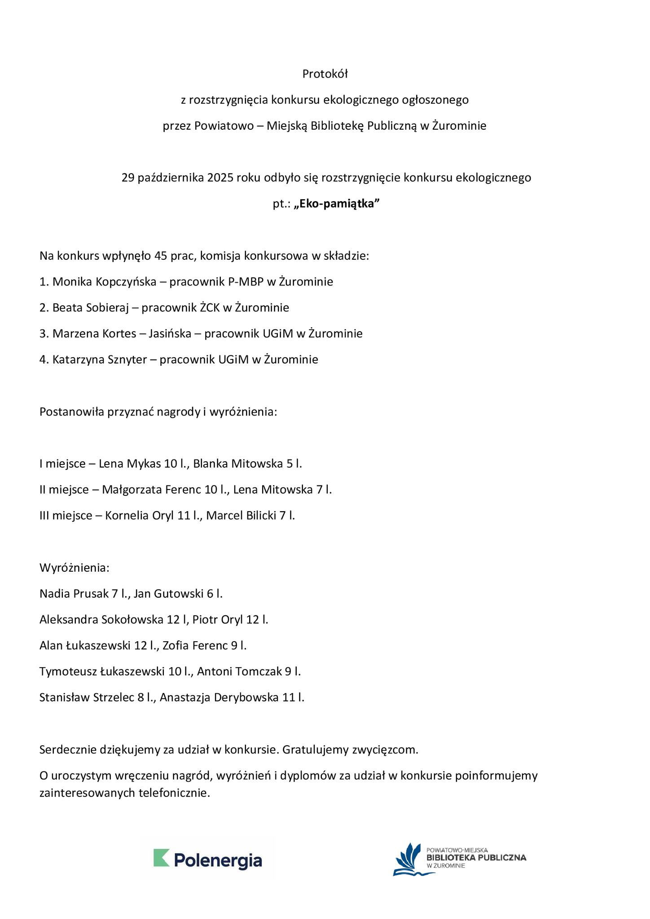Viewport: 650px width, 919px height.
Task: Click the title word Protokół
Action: (x=325, y=74)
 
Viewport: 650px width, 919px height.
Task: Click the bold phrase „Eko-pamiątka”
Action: (x=337, y=204)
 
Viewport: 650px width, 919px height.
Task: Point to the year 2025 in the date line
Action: (x=220, y=178)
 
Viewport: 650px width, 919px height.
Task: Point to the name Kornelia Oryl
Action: (x=139, y=516)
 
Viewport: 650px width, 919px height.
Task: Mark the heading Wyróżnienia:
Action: (x=75, y=568)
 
